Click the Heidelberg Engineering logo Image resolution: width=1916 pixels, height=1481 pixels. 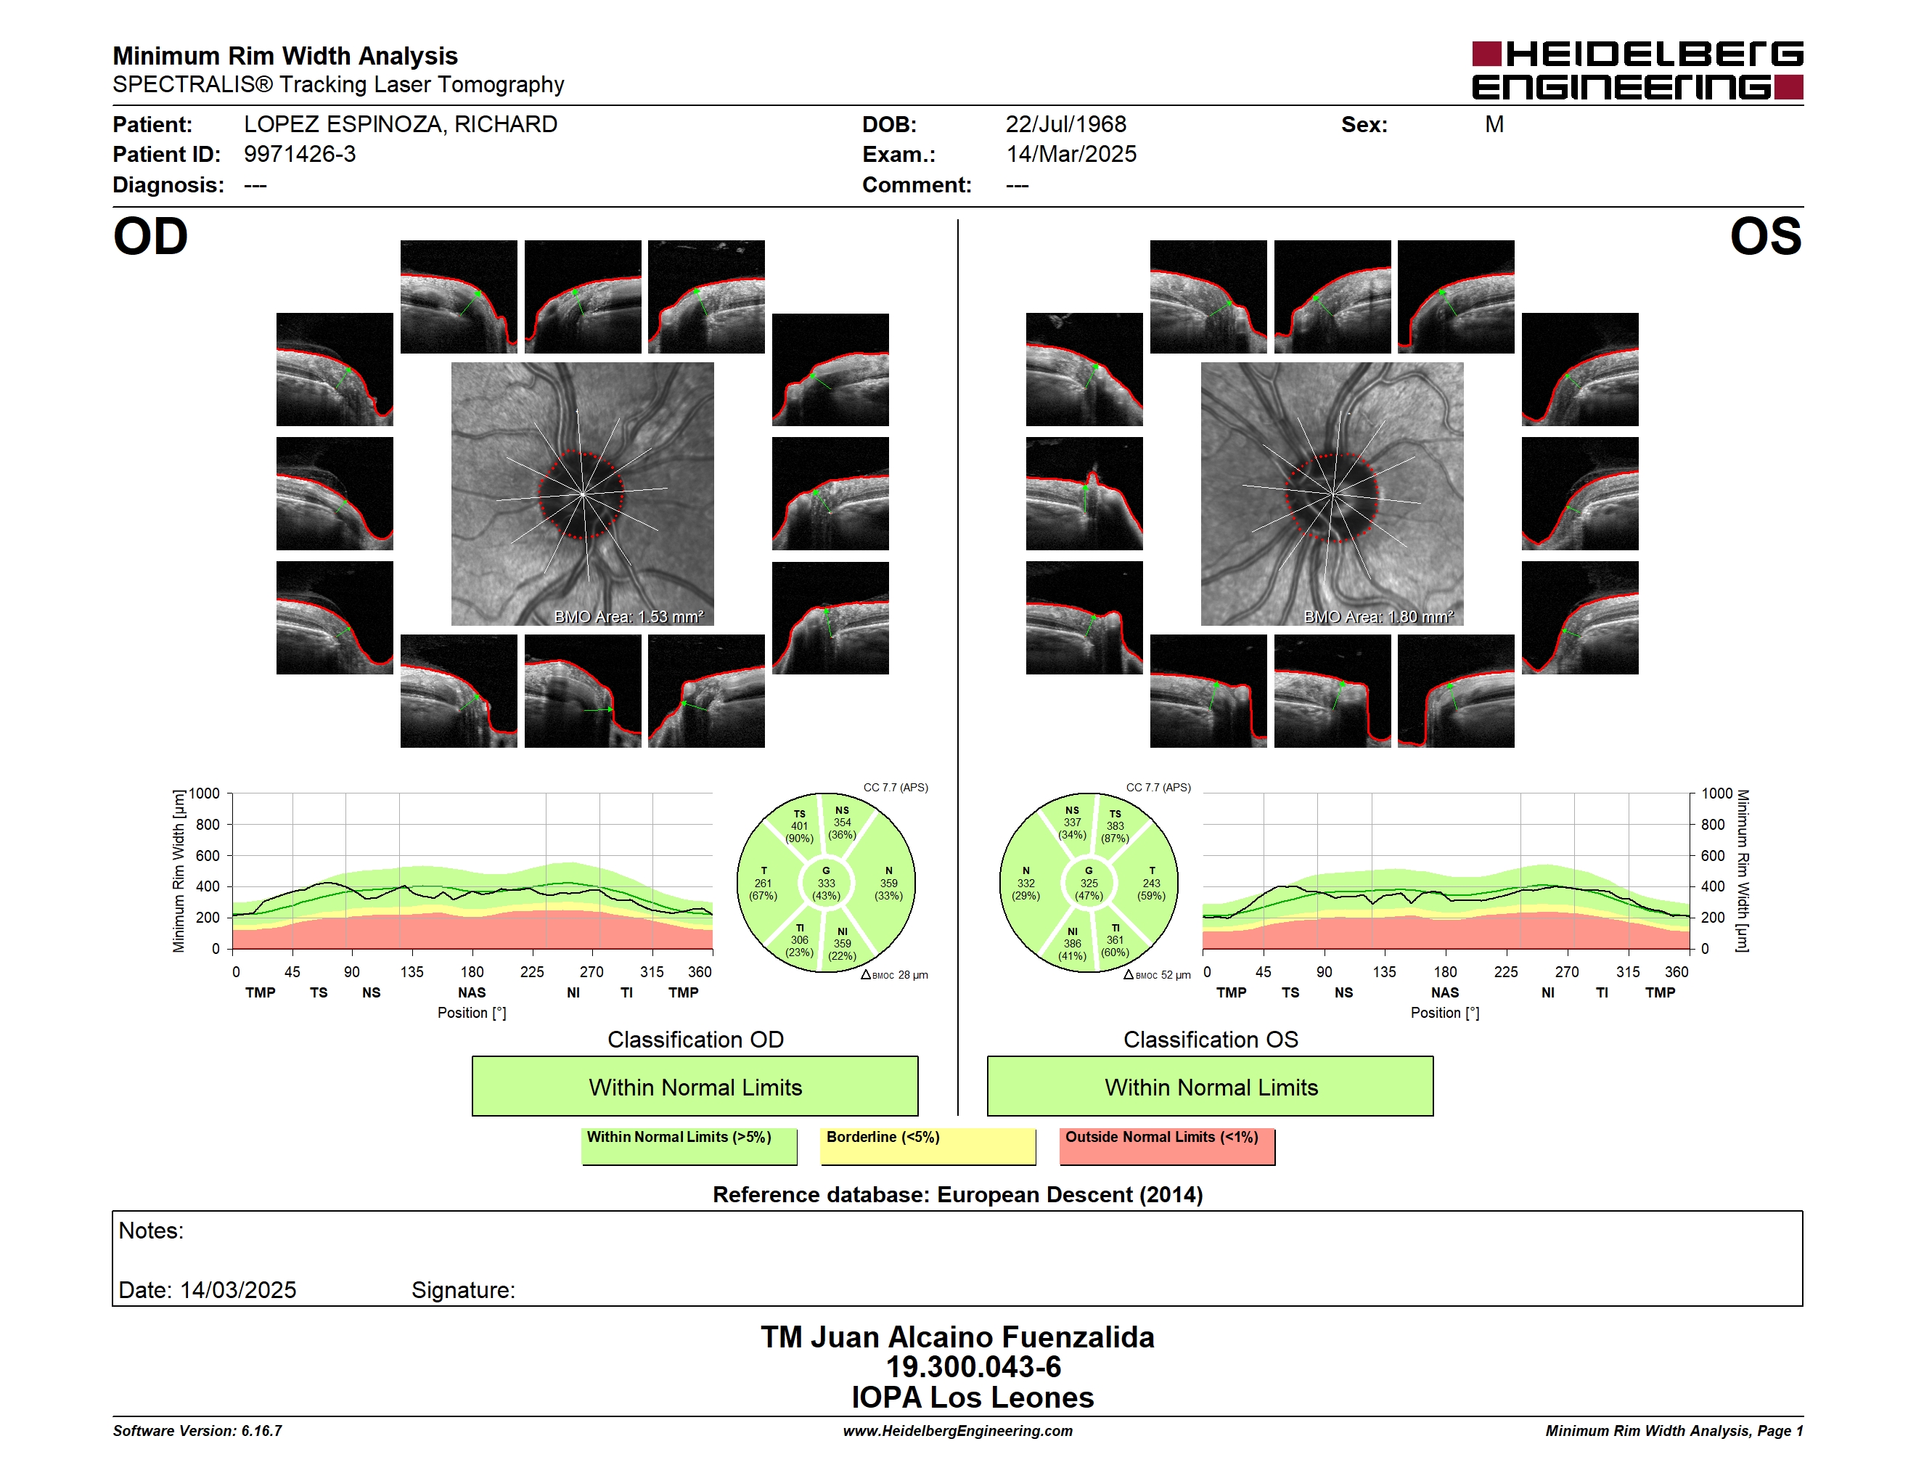tap(1637, 70)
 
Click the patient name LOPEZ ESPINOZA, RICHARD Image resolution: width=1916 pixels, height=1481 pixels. tap(400, 125)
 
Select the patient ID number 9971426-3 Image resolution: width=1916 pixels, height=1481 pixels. tap(300, 155)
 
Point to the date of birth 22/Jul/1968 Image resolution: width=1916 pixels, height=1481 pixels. tap(1066, 125)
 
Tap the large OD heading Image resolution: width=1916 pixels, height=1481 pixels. tap(150, 237)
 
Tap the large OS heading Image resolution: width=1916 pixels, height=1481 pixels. tap(1766, 237)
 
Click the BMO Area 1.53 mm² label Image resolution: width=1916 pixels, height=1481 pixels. tap(628, 617)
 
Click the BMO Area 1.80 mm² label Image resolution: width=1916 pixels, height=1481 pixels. tap(1378, 617)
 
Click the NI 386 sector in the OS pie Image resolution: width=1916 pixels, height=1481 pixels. tap(1072, 943)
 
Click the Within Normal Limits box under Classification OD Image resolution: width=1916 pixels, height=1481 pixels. tap(695, 1086)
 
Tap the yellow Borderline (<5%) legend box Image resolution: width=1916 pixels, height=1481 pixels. tap(928, 1146)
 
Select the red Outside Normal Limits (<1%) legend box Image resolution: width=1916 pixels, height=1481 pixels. tap(1167, 1146)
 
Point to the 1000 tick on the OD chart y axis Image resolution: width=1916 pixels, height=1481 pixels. tap(205, 793)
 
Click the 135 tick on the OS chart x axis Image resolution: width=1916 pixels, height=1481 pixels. tap(1383, 972)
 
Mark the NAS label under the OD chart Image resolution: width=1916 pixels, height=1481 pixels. tap(472, 992)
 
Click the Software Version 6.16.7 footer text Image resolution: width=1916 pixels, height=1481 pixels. tap(197, 1431)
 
